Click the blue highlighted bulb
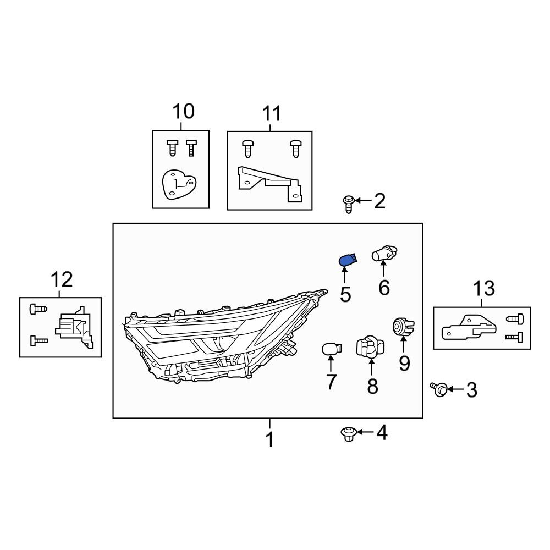(x=348, y=260)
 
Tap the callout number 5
(x=345, y=294)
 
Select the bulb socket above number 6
(x=384, y=253)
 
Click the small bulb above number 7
(x=332, y=349)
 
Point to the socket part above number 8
(x=370, y=347)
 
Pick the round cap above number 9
(x=403, y=327)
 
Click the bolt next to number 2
(x=348, y=204)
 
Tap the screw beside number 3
(x=438, y=389)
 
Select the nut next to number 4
(x=349, y=434)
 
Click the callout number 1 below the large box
(x=269, y=439)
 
